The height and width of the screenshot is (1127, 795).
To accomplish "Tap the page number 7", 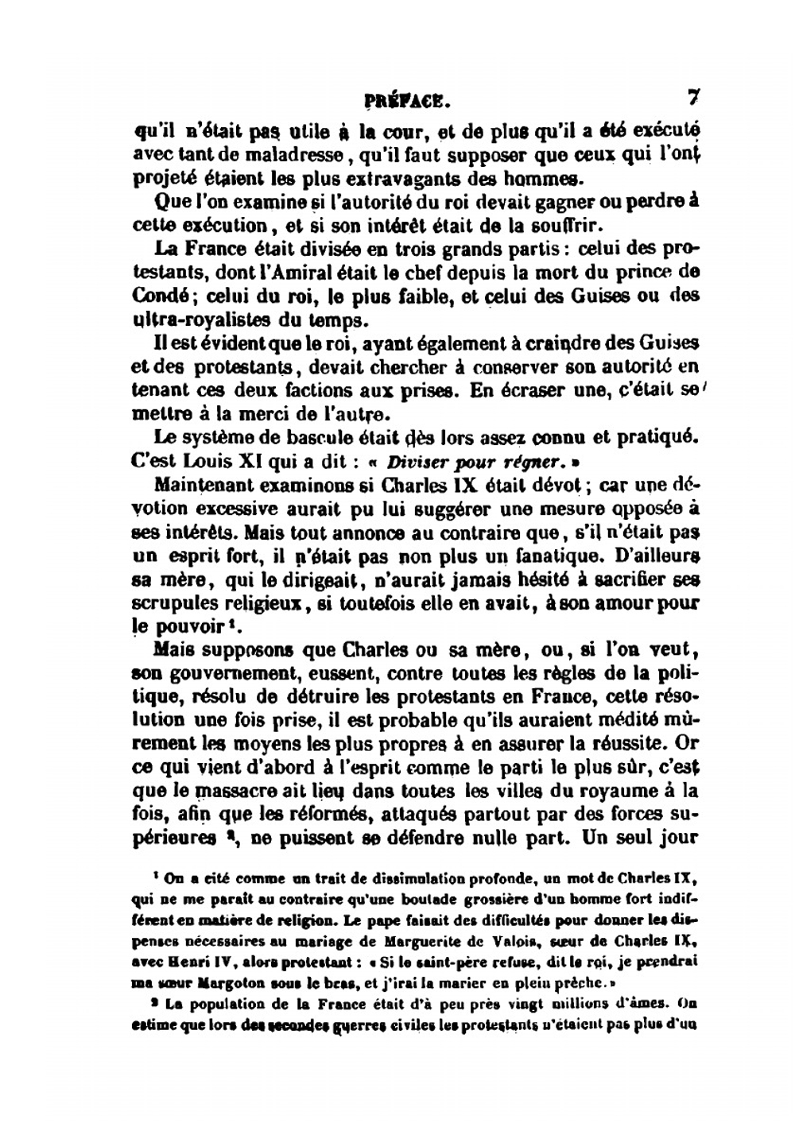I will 692,98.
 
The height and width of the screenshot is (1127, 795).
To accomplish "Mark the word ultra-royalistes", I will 210,320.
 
